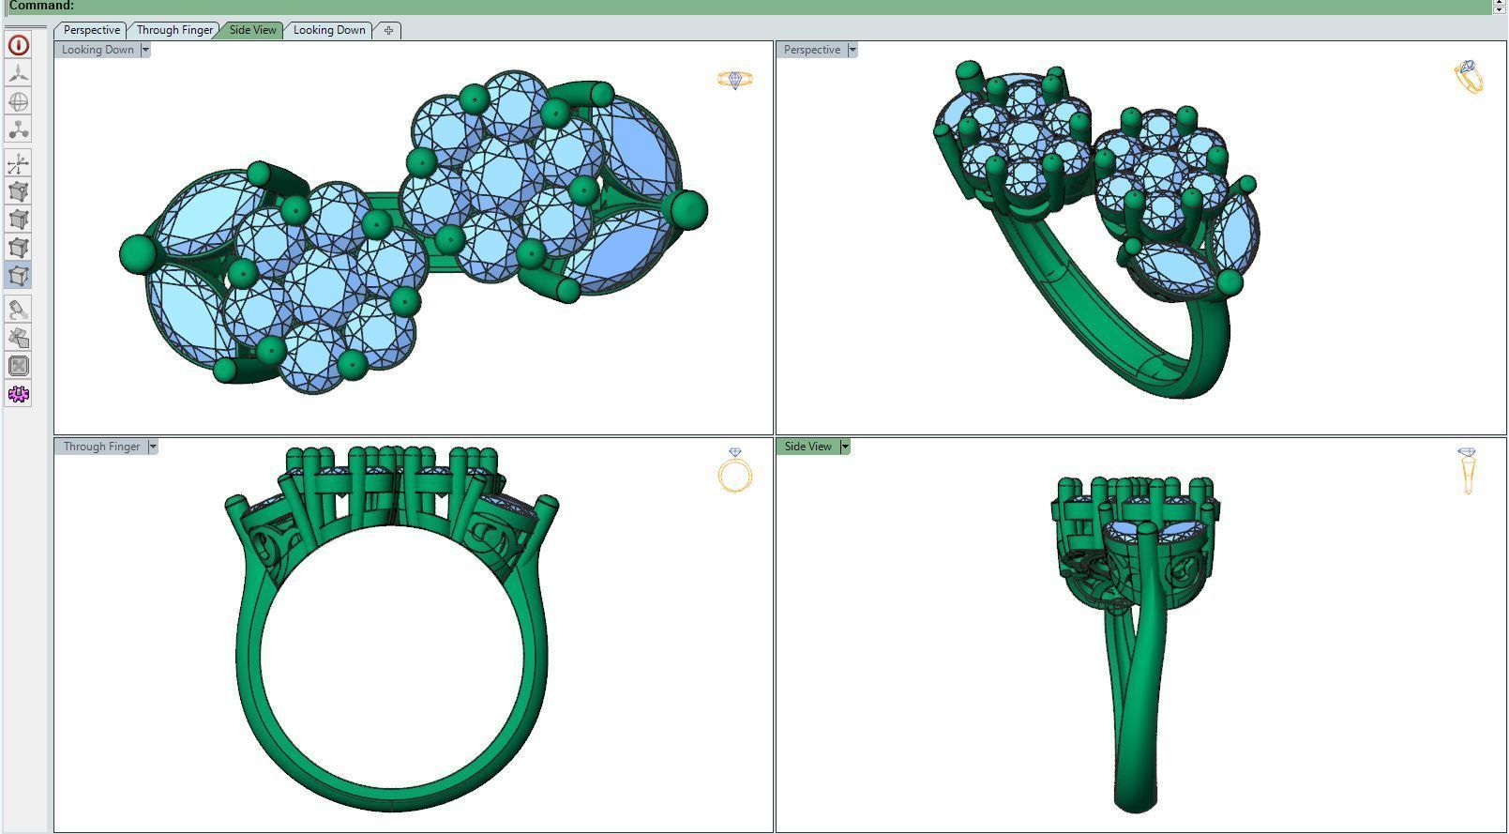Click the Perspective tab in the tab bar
[91, 30]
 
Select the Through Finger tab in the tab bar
[174, 30]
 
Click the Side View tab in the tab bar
[253, 30]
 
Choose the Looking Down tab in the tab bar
[329, 30]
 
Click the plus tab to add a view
[388, 30]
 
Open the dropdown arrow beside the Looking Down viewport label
[145, 50]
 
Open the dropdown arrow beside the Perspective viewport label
[853, 50]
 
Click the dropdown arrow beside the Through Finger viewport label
[153, 447]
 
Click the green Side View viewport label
[807, 447]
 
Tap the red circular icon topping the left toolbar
[18, 45]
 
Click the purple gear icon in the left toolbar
[18, 394]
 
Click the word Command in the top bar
[40, 6]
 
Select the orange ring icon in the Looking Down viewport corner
[734, 80]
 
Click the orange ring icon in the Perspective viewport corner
[1469, 76]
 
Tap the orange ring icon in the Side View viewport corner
[1467, 470]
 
